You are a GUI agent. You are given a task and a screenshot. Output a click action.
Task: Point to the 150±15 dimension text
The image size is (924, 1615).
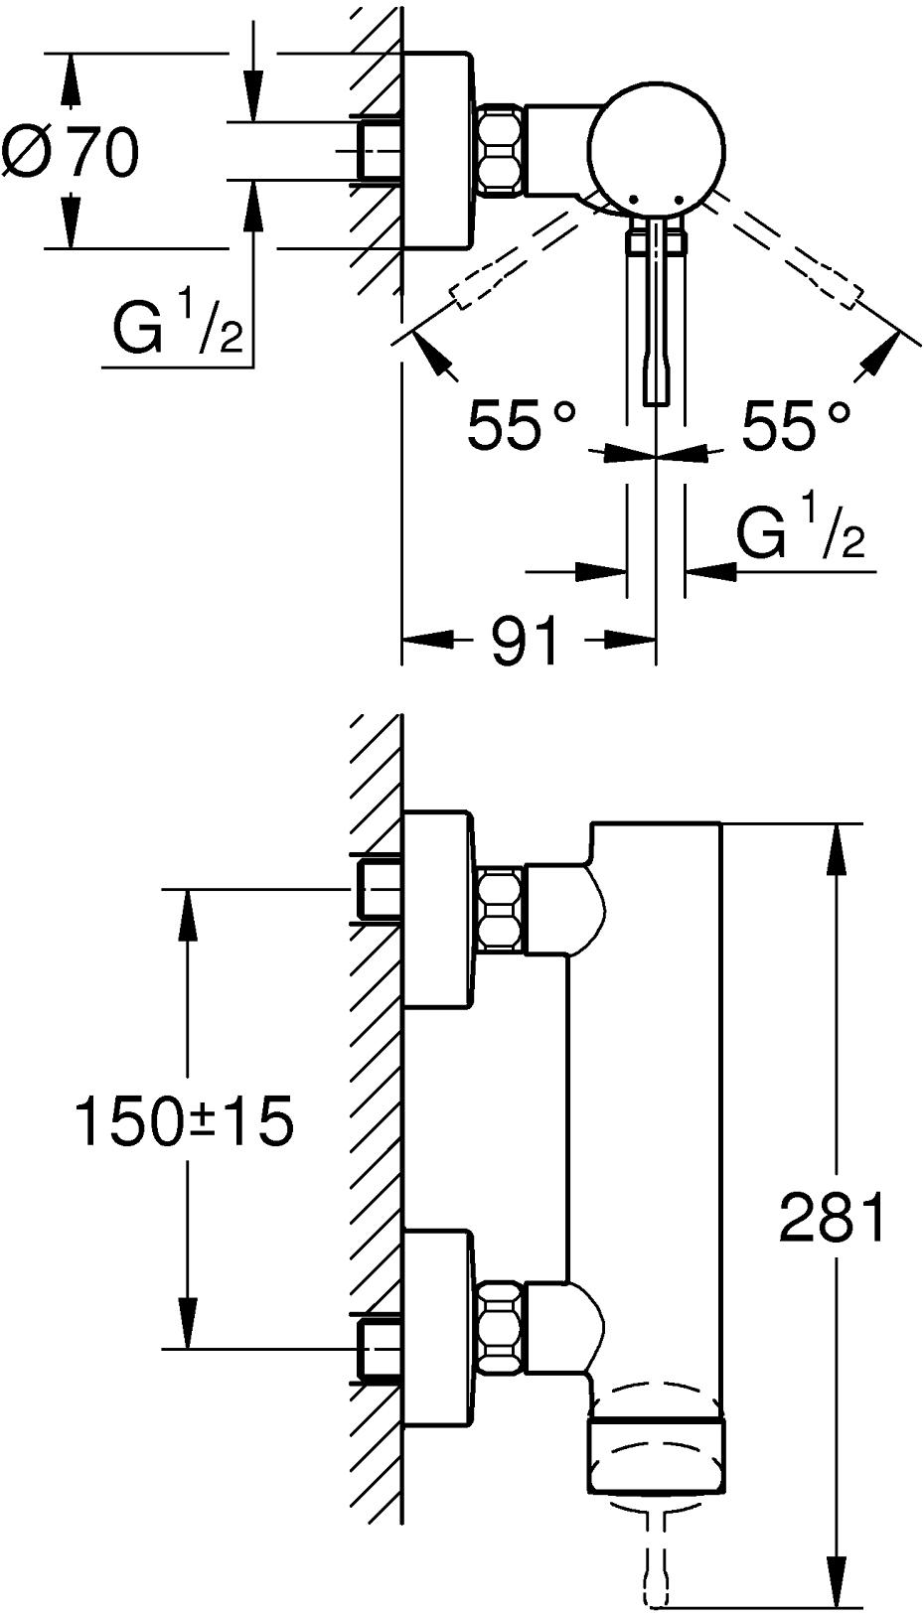[186, 1121]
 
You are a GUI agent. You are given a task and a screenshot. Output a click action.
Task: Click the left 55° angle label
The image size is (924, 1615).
[522, 425]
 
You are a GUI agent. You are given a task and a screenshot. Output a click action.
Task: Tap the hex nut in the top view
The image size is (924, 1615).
[501, 149]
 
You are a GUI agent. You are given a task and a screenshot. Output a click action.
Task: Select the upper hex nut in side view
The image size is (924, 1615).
[501, 907]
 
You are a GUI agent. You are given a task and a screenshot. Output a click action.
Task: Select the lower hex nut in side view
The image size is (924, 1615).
[501, 1327]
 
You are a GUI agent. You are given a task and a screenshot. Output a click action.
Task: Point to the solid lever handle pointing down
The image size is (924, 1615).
[656, 318]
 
